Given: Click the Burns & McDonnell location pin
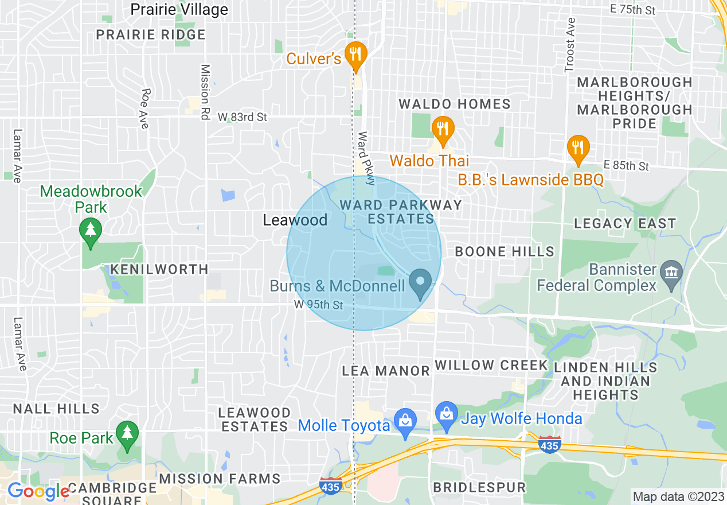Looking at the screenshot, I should (420, 282).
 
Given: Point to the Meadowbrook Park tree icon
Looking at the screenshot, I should (91, 231).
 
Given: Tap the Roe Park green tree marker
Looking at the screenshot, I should (127, 434).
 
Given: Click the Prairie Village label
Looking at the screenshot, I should (179, 9).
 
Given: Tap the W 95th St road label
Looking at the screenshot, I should (319, 305).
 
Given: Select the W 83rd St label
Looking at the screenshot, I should (243, 117).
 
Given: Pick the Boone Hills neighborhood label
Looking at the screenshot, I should (505, 251).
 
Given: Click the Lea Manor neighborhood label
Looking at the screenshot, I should (386, 371).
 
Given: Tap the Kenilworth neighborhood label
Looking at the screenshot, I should (159, 269).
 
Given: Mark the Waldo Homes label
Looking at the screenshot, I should (455, 104).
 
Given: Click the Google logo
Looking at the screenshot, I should (38, 491).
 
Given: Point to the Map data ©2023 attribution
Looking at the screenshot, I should (678, 496).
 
